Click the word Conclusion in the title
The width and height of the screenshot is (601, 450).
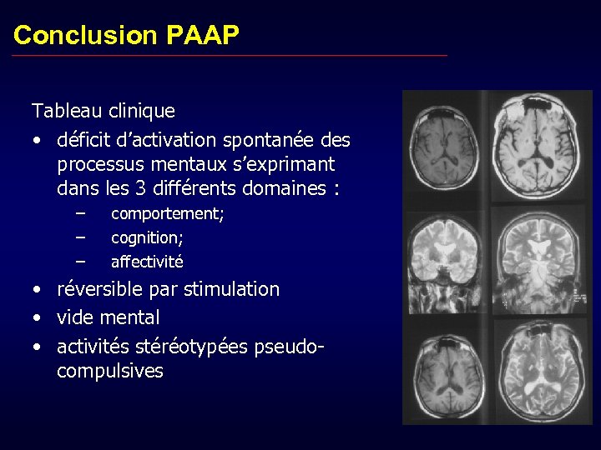click(85, 35)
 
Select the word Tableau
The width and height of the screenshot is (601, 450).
click(68, 110)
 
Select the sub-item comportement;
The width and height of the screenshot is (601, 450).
click(168, 214)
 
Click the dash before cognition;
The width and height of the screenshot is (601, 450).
click(80, 237)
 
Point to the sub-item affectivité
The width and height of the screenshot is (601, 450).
click(147, 262)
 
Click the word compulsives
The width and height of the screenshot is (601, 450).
click(109, 371)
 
